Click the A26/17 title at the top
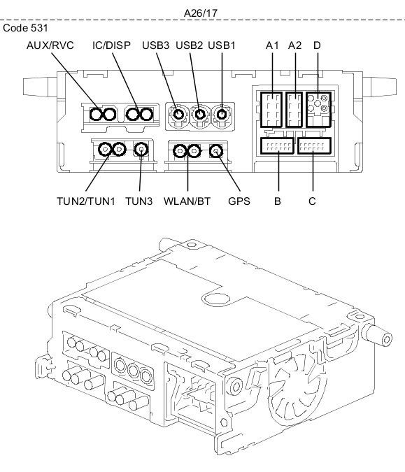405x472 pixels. (x=201, y=13)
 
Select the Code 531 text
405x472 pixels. (x=25, y=28)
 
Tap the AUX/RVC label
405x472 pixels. (x=50, y=45)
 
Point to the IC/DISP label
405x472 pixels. (x=111, y=45)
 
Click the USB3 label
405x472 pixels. (x=156, y=45)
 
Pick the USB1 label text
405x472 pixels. (x=222, y=45)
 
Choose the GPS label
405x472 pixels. (x=239, y=201)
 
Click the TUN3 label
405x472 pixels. (x=138, y=201)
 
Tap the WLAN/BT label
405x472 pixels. (x=187, y=201)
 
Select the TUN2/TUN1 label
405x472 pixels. (x=86, y=201)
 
